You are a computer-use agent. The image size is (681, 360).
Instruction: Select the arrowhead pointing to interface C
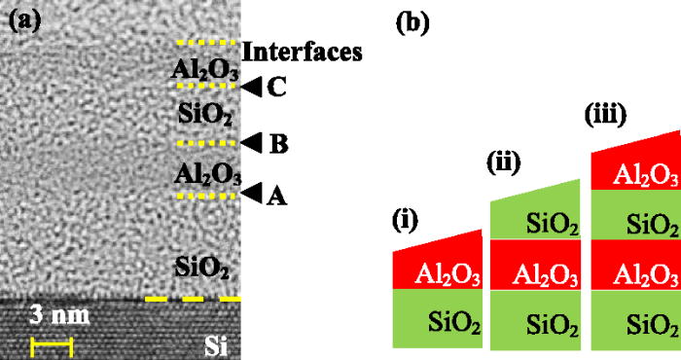click(x=253, y=88)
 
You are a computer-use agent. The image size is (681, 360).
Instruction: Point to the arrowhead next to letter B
click(x=253, y=143)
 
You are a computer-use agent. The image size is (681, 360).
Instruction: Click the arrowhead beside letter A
click(x=253, y=196)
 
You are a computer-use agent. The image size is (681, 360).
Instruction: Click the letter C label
click(x=275, y=88)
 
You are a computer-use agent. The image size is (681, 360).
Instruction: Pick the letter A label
click(x=276, y=196)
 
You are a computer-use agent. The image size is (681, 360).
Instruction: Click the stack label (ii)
click(x=506, y=164)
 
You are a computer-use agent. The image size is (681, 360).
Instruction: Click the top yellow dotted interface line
click(x=209, y=43)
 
